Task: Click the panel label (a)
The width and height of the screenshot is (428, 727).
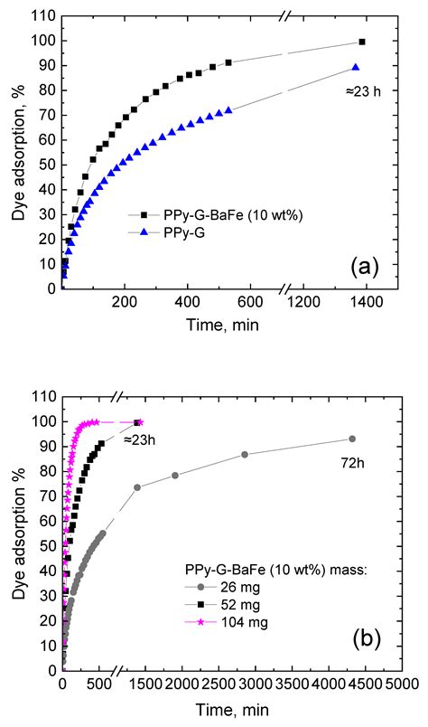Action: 368,266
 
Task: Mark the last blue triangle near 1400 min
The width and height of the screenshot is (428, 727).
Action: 356,67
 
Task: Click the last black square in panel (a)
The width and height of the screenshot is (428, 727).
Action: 362,42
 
